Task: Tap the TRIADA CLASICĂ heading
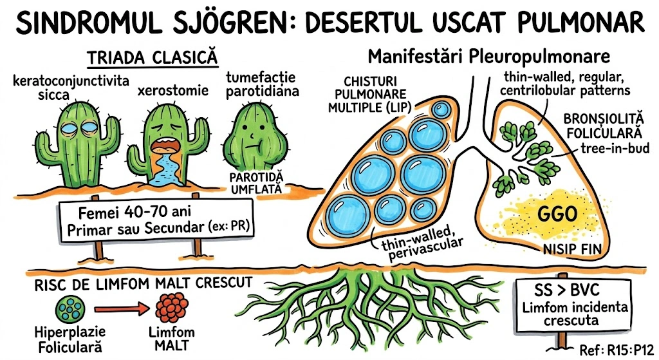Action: tap(153, 57)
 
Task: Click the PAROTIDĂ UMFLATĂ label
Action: tap(256, 181)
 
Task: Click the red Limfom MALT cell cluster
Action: tap(171, 308)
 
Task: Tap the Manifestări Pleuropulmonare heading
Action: tap(488, 57)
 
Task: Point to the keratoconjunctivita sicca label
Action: tap(71, 88)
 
